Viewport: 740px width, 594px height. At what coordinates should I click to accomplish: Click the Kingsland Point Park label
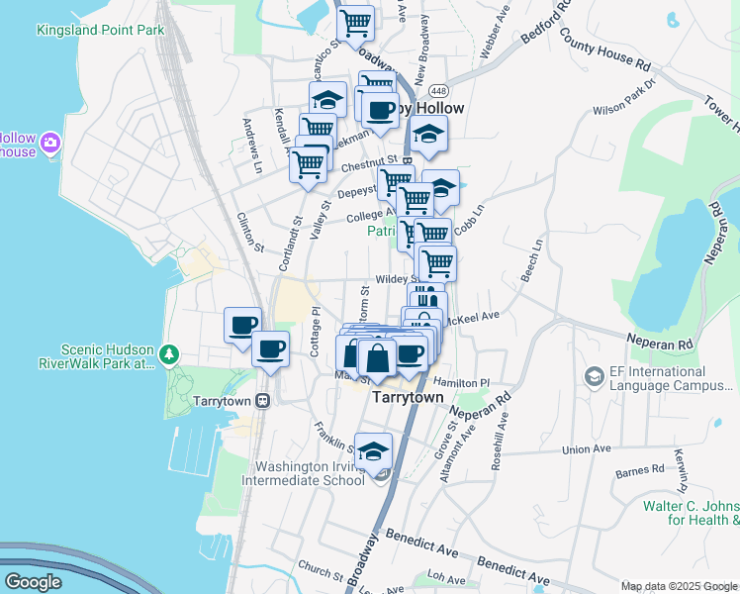[x=100, y=30]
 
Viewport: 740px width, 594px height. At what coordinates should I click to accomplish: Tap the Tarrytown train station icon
[x=263, y=400]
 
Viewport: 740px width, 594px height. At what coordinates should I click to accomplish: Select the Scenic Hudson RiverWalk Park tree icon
[x=170, y=353]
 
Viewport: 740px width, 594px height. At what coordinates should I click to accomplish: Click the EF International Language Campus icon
[x=594, y=376]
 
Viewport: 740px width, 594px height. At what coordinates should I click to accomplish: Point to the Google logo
[x=33, y=582]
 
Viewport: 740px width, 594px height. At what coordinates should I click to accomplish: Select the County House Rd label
[x=604, y=49]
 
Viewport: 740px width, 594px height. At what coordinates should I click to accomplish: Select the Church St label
[x=319, y=570]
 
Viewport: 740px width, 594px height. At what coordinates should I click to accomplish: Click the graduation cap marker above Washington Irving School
[x=373, y=450]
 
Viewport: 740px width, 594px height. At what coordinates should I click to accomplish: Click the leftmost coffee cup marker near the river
[x=242, y=324]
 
